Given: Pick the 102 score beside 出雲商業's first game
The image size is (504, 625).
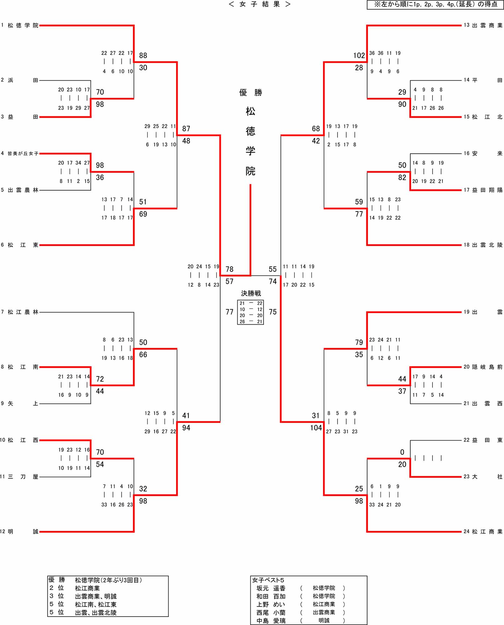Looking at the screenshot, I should pyautogui.click(x=359, y=56).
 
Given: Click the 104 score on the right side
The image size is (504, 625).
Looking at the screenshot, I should pyautogui.click(x=316, y=428).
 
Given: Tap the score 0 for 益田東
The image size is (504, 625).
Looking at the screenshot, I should pyautogui.click(x=402, y=452).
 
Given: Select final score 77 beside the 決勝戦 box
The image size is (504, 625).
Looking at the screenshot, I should pyautogui.click(x=230, y=312).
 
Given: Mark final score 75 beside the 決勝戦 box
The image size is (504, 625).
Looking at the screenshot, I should pyautogui.click(x=273, y=312).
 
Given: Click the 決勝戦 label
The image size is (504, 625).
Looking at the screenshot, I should pyautogui.click(x=251, y=293).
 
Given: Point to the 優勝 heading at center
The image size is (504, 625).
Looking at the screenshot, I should pyautogui.click(x=250, y=92).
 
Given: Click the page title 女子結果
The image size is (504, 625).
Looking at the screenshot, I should pyautogui.click(x=259, y=4).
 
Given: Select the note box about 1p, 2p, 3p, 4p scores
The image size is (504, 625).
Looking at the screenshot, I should pyautogui.click(x=435, y=4).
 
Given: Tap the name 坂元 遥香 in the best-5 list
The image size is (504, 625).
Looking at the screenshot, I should pyautogui.click(x=271, y=588).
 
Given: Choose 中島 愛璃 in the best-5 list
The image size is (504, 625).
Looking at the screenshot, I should pyautogui.click(x=271, y=621).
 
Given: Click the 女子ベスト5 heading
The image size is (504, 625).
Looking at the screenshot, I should pyautogui.click(x=268, y=580).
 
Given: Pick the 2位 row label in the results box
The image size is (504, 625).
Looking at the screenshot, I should pyautogui.click(x=57, y=588).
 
